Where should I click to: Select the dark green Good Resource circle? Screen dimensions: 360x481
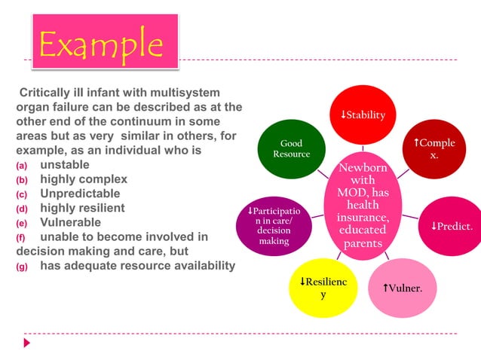pos(290,148)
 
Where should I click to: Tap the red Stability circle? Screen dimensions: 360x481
pos(362,115)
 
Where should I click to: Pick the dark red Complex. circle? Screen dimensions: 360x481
pos(434,148)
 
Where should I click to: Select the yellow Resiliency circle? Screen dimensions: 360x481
pos(323,288)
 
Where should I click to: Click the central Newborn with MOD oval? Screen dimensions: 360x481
pos(362,205)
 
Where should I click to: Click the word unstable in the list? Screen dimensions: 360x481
pos(65,165)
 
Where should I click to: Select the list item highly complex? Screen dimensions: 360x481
pos(83,179)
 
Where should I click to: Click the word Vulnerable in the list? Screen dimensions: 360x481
pos(70,222)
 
